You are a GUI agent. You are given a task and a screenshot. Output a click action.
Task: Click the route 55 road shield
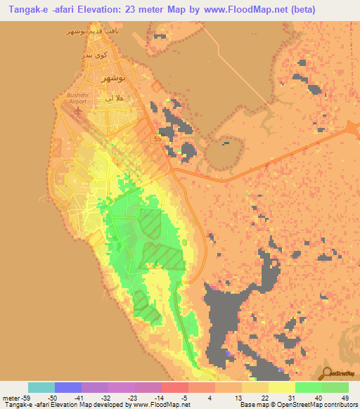pyautogui.click(x=157, y=139)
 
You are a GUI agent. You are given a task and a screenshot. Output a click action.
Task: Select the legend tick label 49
pyautogui.click(x=344, y=398)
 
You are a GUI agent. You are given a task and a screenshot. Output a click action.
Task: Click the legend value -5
pyautogui.click(x=184, y=398)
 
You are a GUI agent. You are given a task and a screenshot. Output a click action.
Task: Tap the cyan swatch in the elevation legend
pyautogui.click(x=41, y=387)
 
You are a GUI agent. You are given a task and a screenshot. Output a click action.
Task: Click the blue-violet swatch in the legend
pyautogui.click(x=68, y=387)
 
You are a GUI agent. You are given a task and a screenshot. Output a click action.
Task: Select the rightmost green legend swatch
pyautogui.click(x=335, y=387)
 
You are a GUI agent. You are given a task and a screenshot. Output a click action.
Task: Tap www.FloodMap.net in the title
pyautogui.click(x=232, y=10)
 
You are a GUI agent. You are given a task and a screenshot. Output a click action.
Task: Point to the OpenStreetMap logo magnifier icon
pyautogui.click(x=326, y=372)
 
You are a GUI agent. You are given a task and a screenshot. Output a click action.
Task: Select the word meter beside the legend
pyautogui.click(x=12, y=398)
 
